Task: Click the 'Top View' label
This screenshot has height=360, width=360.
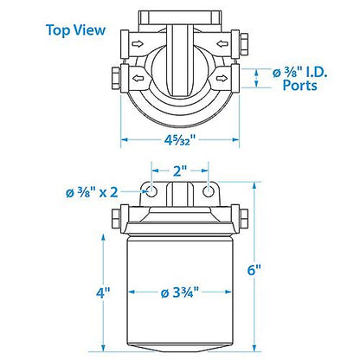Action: coord(75,31)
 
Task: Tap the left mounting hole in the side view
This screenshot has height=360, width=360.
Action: coord(151,191)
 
